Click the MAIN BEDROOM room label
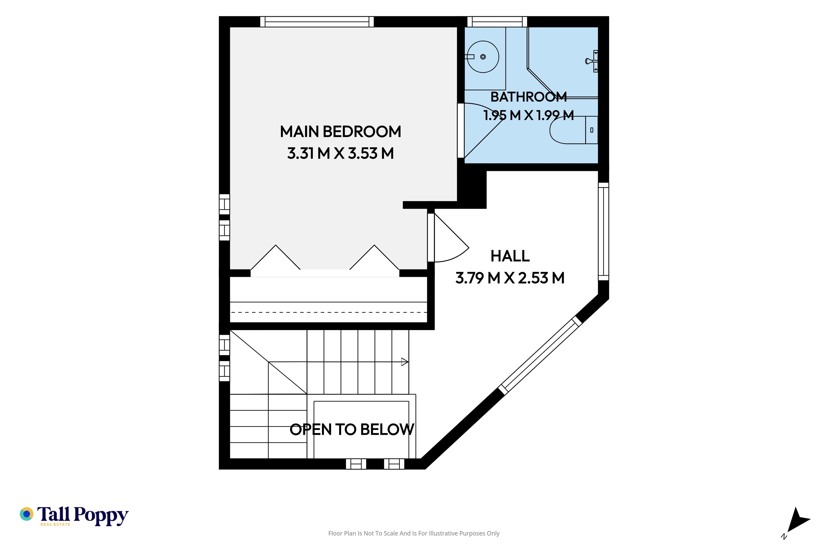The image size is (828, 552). point(340,132)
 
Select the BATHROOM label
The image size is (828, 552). point(528,97)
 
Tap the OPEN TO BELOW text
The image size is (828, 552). point(352,430)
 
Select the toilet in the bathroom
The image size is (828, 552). point(574,130)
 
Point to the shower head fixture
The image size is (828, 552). point(592,61)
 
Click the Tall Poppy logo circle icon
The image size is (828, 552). point(26,514)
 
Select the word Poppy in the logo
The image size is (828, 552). point(101,516)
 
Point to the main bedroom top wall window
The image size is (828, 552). point(317,22)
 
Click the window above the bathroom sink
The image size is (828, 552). point(497,22)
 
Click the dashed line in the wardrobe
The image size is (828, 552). point(328,312)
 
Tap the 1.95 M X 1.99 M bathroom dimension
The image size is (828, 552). point(528,115)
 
